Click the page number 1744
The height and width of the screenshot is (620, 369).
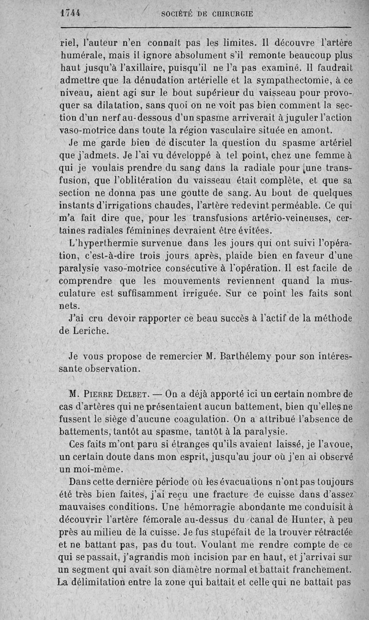point(71,13)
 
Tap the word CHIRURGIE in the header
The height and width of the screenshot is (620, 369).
point(232,14)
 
